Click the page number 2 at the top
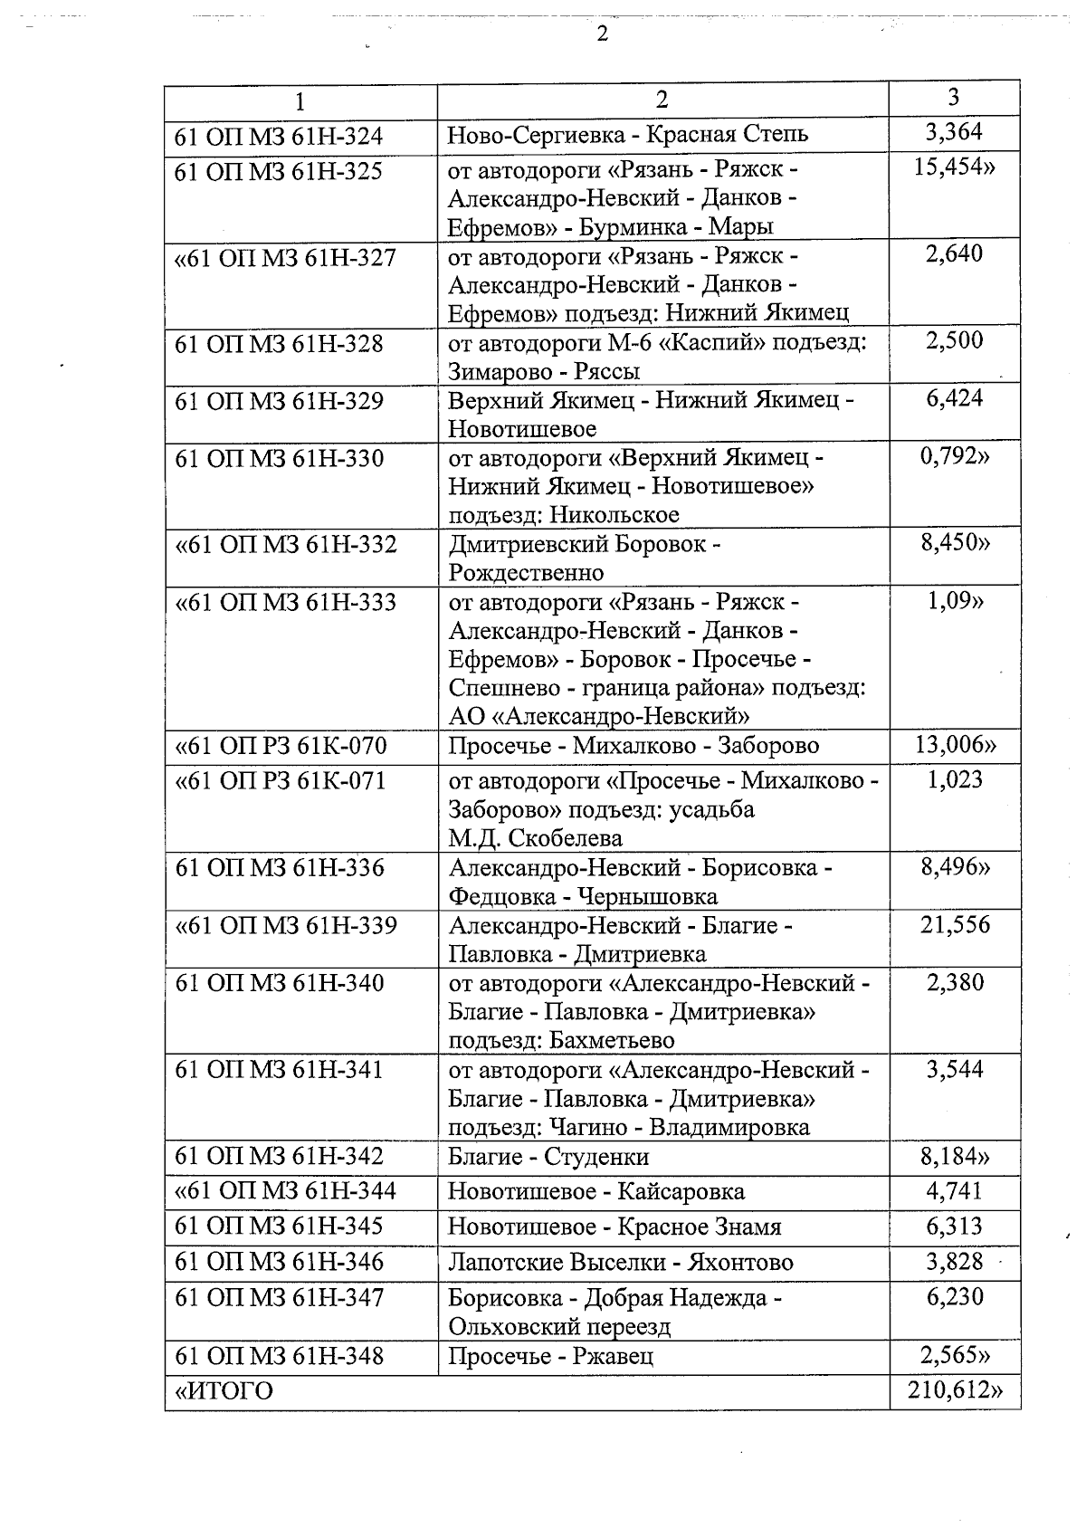click(602, 34)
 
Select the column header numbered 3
click(953, 98)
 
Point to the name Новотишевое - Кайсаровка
click(596, 1191)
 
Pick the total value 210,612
click(955, 1390)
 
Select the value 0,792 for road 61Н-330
click(955, 456)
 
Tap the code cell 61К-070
click(281, 746)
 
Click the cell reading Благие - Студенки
click(548, 1157)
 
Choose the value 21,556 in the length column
click(955, 925)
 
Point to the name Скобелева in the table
click(566, 838)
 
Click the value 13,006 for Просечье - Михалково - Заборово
click(955, 745)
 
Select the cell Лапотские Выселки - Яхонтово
click(621, 1263)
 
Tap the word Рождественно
click(526, 572)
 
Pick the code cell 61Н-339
click(285, 925)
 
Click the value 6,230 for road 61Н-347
click(955, 1297)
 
